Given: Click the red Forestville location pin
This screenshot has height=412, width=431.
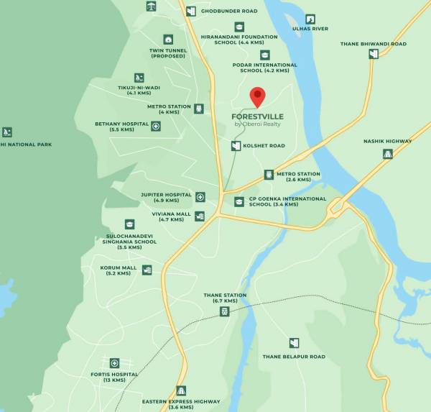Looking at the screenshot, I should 257,96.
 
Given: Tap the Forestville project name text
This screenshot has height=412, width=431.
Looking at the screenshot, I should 257,116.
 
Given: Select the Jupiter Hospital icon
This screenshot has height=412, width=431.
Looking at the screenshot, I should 200,196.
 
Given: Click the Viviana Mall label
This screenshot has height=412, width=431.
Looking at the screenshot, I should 171,214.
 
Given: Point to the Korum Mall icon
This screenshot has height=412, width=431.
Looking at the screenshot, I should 147,270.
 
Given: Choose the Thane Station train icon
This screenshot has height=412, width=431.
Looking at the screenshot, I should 225,311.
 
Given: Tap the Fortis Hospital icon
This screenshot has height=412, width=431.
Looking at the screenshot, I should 114,363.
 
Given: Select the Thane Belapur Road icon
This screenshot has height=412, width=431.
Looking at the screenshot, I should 294,343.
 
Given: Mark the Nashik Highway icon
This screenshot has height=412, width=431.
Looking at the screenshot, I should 388,153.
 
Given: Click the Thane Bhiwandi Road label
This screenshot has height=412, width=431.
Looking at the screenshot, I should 374,44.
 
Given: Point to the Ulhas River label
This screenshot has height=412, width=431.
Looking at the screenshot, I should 310,29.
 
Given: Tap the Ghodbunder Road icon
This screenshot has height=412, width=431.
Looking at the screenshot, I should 190,11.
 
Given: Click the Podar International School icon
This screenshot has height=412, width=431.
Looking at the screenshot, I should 265,55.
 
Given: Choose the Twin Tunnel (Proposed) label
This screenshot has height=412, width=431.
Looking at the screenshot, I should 167,53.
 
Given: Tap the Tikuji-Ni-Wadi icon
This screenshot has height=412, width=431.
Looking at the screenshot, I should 138,78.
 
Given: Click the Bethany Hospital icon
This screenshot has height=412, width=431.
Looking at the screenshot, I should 156,126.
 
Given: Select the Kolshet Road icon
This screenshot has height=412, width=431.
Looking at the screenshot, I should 236,146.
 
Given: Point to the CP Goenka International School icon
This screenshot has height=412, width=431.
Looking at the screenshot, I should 239,202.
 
